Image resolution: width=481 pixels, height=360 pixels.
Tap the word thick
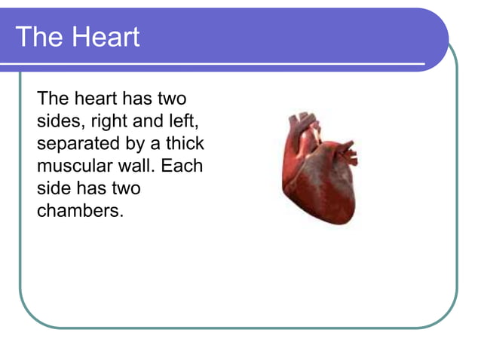185,143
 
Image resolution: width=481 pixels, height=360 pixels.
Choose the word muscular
75,166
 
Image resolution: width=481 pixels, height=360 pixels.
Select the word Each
182,166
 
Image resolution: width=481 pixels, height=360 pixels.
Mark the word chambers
79,210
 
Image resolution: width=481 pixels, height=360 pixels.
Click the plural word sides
57,121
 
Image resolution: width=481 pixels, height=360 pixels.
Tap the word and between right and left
148,121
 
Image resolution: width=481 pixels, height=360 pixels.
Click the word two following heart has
170,99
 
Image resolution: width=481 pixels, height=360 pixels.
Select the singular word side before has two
54,188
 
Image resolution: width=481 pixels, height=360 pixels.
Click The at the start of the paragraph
53,99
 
